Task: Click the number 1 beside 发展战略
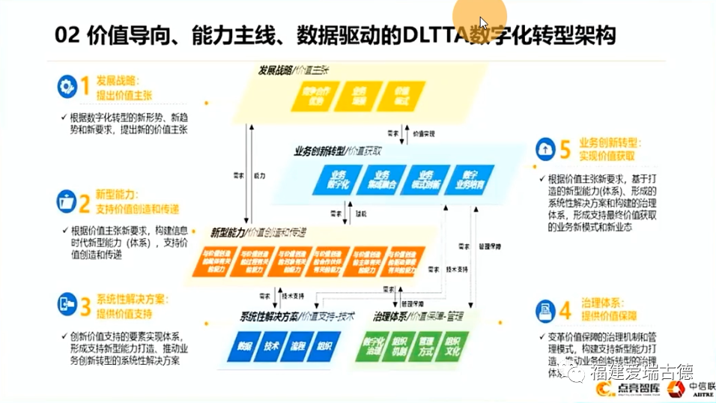click(85, 87)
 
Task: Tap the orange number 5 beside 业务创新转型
click(565, 149)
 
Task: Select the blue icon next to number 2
click(67, 201)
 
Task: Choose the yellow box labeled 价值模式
click(404, 96)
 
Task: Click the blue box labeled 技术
click(271, 346)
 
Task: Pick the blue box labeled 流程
click(298, 346)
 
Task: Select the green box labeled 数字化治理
click(372, 348)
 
